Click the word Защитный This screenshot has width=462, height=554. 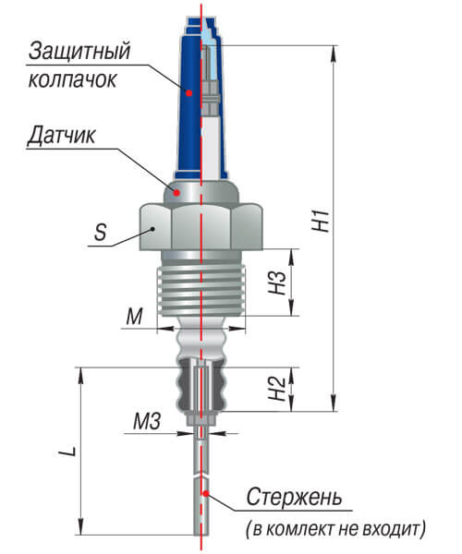79,52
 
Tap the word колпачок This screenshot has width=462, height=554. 72,79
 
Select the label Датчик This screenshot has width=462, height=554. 62,136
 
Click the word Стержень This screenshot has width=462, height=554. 294,497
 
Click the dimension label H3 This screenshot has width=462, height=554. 277,283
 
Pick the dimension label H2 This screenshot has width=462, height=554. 277,388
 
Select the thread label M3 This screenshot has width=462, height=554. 147,421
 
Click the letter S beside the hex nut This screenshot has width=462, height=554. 101,232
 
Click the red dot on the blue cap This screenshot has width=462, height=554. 189,93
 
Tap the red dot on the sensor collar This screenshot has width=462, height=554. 176,193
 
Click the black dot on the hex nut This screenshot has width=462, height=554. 152,229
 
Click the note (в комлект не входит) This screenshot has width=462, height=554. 335,528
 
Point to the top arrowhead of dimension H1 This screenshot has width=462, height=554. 334,53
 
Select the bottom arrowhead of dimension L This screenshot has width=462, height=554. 81,527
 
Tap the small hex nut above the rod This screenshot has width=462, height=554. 201,420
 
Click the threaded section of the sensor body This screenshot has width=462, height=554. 201,291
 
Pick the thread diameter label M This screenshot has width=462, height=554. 134,316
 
